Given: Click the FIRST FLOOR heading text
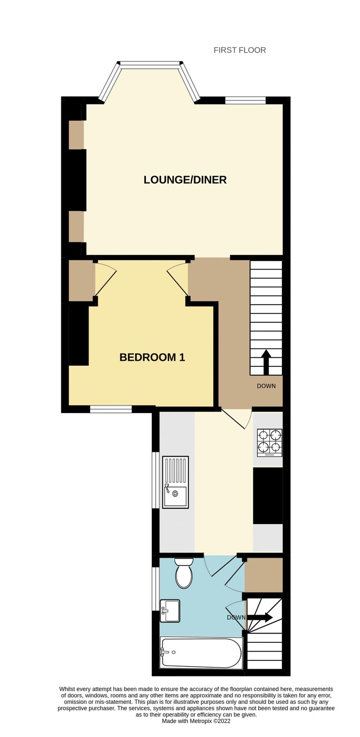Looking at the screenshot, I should (240, 50).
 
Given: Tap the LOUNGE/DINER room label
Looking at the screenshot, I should (185, 180).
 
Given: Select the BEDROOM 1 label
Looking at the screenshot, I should (152, 357).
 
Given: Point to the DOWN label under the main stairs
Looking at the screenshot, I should (266, 386).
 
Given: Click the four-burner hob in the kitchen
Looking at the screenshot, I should (269, 442).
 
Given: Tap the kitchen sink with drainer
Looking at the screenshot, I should (175, 482).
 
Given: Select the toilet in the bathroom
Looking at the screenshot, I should (184, 573).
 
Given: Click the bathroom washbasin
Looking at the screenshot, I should (170, 611).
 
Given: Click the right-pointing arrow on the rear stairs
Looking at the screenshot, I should (260, 617).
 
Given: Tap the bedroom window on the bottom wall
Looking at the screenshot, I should (111, 409).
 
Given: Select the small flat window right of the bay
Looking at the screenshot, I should (245, 100).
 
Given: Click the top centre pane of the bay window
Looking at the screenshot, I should (150, 63).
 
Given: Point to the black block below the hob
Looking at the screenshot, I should (268, 495).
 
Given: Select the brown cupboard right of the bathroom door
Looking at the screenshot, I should (264, 574).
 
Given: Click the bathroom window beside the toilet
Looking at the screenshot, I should (155, 588).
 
